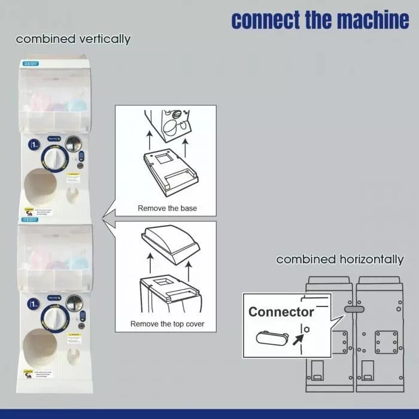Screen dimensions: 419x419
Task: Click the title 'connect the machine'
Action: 320,19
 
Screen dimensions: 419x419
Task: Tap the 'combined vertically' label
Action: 73,40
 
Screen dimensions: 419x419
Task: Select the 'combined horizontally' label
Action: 339,260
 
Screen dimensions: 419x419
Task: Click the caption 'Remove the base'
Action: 167,208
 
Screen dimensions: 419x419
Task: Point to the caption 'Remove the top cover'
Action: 167,324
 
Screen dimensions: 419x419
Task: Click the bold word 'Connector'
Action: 281,312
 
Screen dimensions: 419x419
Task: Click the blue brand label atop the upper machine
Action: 30,63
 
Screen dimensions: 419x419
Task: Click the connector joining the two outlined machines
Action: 354,309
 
